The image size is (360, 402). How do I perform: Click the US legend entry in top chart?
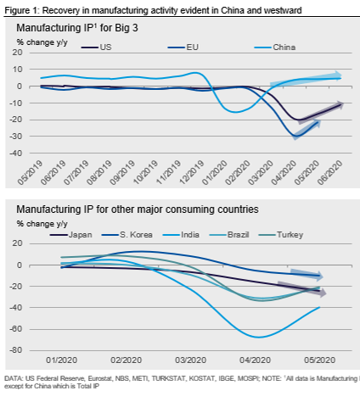tap(97, 47)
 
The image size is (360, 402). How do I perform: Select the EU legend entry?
tap(183, 47)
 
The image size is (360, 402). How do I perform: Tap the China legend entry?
tap(275, 47)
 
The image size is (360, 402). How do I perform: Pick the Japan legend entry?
tap(70, 235)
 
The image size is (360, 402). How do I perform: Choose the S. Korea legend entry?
tap(127, 235)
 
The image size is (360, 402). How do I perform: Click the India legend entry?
tap(181, 235)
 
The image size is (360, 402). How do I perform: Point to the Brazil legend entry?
tap(229, 235)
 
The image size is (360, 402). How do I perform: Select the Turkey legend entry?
tap(281, 235)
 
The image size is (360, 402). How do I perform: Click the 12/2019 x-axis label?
tap(192, 172)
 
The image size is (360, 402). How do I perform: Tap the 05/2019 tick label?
tap(30, 172)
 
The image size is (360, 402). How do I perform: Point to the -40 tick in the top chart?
tap(16, 153)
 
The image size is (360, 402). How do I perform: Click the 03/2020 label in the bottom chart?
tap(190, 360)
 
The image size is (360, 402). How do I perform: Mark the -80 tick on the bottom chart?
tap(16, 350)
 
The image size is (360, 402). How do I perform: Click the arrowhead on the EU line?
tap(317, 123)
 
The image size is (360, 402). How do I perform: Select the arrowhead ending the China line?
tap(338, 75)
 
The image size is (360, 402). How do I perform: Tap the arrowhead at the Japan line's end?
tap(322, 293)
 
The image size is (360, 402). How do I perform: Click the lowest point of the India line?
tap(259, 338)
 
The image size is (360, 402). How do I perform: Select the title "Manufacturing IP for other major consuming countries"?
tap(138, 209)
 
